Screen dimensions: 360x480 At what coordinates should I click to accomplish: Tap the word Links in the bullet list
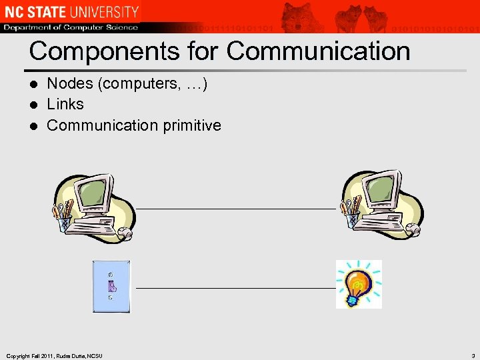click(x=65, y=104)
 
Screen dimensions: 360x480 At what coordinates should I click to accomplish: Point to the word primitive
click(x=191, y=125)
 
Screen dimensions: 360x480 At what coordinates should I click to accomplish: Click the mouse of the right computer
click(x=413, y=230)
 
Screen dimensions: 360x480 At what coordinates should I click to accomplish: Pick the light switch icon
click(x=111, y=286)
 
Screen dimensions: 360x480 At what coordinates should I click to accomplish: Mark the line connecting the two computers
click(x=237, y=209)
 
